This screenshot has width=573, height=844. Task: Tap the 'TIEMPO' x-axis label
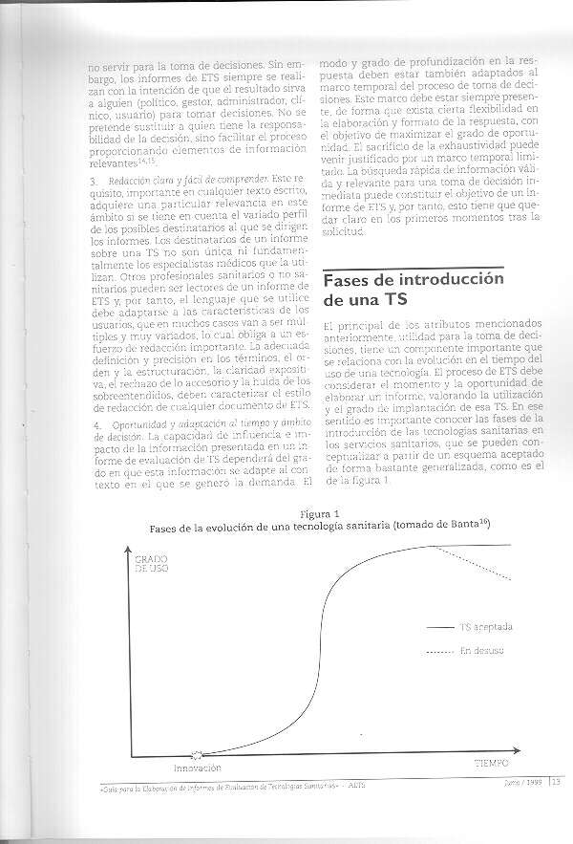(x=492, y=764)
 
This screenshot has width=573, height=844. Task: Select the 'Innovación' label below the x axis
(x=197, y=768)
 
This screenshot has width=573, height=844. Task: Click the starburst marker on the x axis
(x=198, y=754)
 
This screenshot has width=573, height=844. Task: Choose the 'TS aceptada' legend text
(x=485, y=628)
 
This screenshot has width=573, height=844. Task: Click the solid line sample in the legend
(x=438, y=628)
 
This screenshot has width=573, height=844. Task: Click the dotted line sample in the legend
(x=438, y=651)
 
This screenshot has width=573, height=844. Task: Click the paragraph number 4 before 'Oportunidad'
(x=90, y=423)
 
